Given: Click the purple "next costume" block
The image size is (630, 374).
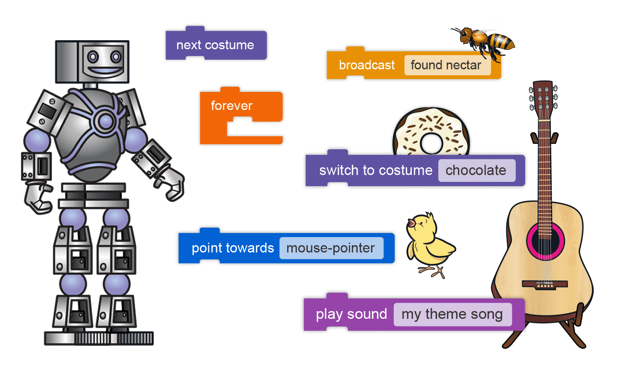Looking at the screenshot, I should [215, 45].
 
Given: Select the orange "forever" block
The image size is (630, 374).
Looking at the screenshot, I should [232, 106].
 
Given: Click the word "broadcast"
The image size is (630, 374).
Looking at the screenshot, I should [366, 65].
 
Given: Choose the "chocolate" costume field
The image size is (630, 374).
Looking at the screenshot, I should [476, 170].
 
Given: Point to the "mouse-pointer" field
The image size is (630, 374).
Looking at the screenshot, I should [331, 248].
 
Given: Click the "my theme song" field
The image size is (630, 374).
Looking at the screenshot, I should [452, 315].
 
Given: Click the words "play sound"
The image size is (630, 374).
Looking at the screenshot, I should [351, 315].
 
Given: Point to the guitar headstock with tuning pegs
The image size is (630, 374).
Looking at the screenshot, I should [543, 98].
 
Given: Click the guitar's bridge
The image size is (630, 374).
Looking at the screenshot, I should [545, 284].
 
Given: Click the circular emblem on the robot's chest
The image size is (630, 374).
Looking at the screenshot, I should [105, 121].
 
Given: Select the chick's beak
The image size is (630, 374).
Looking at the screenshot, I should [411, 223].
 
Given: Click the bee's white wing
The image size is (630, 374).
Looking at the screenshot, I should [492, 27].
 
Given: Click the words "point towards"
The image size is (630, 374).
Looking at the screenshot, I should [232, 248].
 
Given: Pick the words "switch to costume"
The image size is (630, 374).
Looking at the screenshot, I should [375, 170].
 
